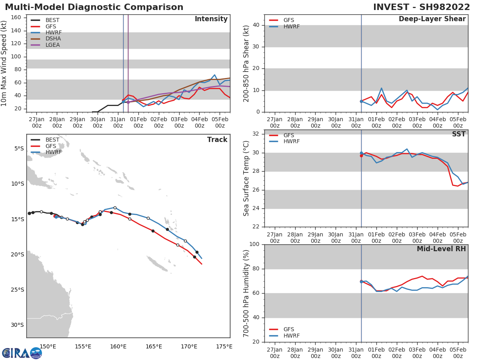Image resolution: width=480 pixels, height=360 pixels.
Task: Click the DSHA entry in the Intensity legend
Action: click(52, 39)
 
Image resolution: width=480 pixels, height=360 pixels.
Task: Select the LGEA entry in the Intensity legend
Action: click(52, 45)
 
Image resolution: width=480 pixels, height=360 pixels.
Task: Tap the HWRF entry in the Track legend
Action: click(54, 152)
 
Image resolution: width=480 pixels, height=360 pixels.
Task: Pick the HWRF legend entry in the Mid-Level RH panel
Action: click(292, 336)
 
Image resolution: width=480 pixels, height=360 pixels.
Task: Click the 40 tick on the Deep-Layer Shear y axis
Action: click(256, 25)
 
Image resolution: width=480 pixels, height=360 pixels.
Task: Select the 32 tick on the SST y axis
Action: click(256, 134)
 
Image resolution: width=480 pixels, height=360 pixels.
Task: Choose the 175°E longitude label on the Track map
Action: click(224, 346)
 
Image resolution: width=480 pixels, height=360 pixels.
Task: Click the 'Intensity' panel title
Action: click(211, 19)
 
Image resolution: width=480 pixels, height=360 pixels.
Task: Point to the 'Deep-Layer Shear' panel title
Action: click(432, 19)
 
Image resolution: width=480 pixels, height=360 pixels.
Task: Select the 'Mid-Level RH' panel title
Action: click(441, 249)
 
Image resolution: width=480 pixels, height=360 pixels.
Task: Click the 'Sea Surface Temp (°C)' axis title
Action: click(246, 178)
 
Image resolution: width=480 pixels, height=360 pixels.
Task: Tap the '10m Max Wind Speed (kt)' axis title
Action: click(4, 64)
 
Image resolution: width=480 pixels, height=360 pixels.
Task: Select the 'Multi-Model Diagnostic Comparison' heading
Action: click(94, 7)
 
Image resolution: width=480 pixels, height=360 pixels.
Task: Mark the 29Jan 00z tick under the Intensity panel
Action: click(77, 122)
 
